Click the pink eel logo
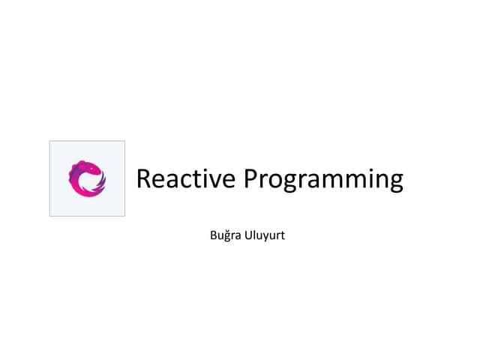coord(87,179)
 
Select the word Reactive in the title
coord(185,180)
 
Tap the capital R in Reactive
coord(145,180)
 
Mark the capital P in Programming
coord(252,180)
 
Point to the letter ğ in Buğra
coord(232,238)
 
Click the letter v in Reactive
coord(214,182)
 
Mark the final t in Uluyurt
coord(283,237)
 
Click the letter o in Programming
coord(276,182)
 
